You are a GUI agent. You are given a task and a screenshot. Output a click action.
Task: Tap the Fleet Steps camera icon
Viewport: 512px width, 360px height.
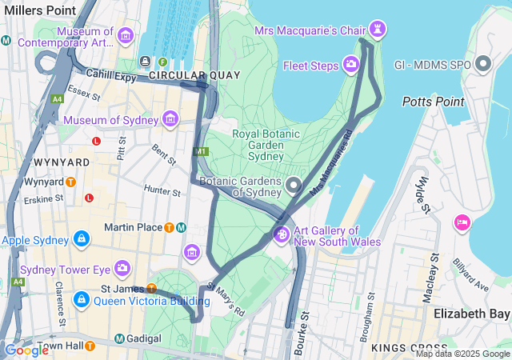coord(351,64)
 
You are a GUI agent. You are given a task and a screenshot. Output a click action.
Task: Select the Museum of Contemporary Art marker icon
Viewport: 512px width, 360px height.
coord(125,36)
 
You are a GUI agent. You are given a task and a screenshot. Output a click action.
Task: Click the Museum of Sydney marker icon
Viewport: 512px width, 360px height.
coord(170,120)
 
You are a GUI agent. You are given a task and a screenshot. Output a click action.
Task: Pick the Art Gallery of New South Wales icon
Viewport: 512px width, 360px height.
coord(281,234)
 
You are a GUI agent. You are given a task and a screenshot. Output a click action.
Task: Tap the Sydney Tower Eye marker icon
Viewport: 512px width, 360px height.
coord(122,268)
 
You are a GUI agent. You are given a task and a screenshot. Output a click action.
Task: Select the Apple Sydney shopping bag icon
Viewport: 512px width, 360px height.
coord(81,238)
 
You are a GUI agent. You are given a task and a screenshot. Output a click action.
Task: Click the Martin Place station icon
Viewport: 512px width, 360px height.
coord(170,227)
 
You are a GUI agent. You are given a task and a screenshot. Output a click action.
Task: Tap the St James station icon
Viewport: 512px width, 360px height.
coord(151,288)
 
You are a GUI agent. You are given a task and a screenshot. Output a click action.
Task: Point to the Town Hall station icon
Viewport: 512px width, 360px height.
coord(90,346)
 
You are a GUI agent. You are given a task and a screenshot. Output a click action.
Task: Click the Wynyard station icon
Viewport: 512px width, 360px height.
coord(70,182)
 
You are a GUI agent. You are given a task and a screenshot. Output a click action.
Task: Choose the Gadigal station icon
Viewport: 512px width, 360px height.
coord(118,338)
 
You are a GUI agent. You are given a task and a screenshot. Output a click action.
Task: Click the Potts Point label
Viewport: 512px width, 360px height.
coord(433,102)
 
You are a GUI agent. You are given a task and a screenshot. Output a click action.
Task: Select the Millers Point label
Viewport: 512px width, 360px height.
coord(39,10)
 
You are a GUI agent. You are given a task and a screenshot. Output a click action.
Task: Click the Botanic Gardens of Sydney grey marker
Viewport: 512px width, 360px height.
coord(294,186)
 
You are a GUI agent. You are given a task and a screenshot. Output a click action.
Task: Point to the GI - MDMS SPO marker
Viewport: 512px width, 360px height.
coord(483,63)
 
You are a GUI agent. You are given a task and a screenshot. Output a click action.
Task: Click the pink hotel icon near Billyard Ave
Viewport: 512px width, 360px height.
coord(462,222)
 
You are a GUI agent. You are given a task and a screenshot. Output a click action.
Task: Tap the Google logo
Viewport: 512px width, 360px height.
coord(26,350)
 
